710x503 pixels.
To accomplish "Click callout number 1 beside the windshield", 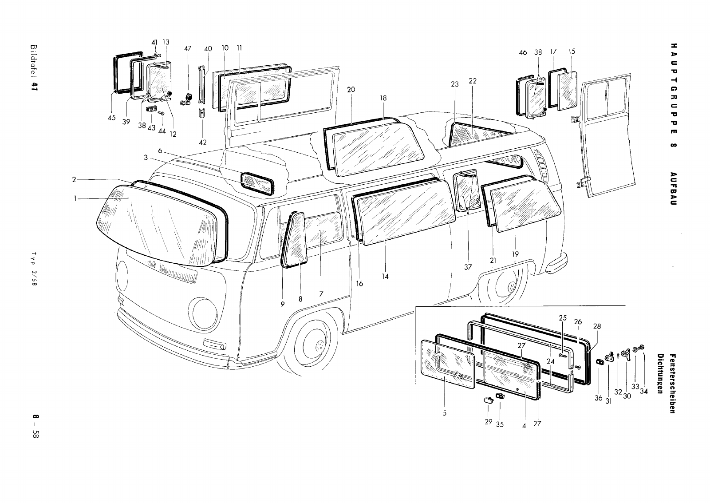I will coord(76,198).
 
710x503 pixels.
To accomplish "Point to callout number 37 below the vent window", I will coord(468,267).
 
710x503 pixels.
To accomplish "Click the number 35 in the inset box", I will coord(500,424).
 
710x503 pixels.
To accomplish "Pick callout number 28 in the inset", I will coord(597,326).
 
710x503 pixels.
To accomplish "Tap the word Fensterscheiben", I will coord(673,377).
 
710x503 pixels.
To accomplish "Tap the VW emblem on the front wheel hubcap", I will coord(319,346).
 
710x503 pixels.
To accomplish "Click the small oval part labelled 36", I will coord(599,362).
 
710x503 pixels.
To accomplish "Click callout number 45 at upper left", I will coord(111,118).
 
